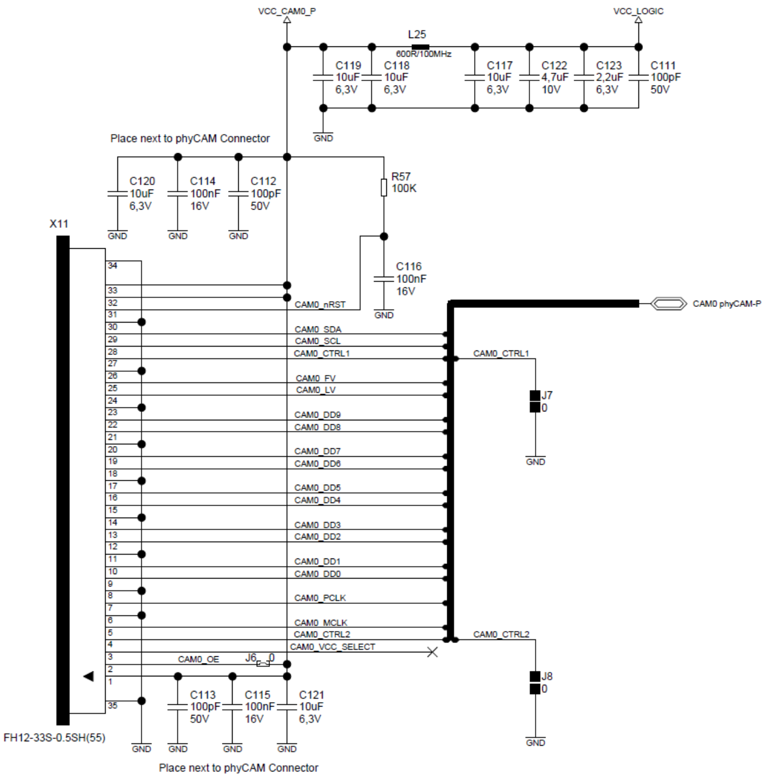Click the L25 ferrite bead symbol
click(x=420, y=47)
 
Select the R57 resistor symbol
click(x=384, y=188)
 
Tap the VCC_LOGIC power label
click(x=638, y=11)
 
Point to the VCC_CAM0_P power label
click(x=287, y=11)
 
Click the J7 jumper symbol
click(x=535, y=401)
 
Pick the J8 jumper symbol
click(x=535, y=683)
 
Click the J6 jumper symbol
click(x=263, y=664)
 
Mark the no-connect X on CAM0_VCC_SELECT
click(x=432, y=652)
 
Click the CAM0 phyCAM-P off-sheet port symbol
click(x=669, y=304)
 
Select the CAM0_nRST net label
click(x=320, y=305)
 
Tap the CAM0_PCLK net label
click(x=320, y=598)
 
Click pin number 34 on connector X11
click(x=112, y=266)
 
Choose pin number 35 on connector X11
click(x=112, y=705)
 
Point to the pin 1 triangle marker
click(x=88, y=676)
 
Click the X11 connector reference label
click(x=59, y=224)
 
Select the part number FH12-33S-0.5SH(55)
click(x=54, y=737)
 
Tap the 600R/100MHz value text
click(x=423, y=54)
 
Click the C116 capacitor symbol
click(x=384, y=279)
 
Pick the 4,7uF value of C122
click(x=555, y=77)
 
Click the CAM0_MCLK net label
click(x=320, y=623)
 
